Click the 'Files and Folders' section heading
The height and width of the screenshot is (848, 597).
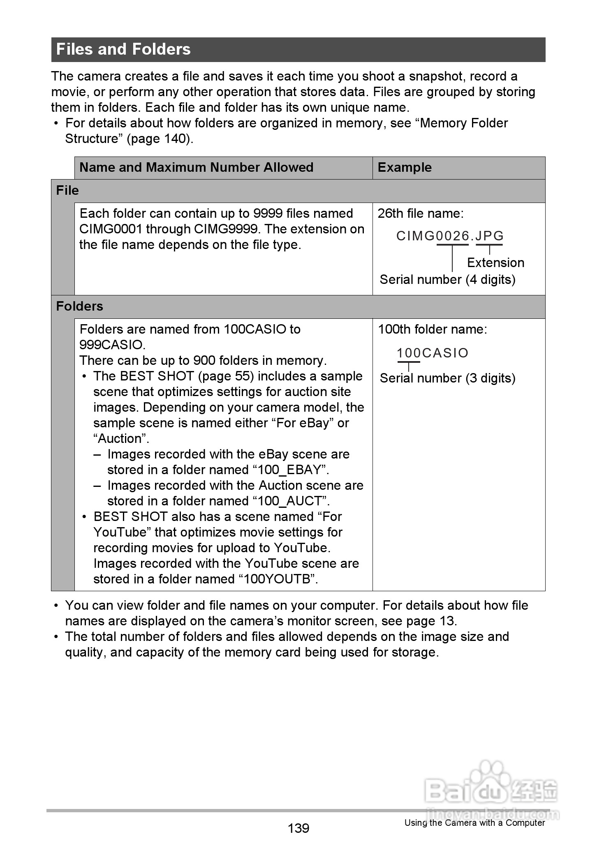tap(123, 49)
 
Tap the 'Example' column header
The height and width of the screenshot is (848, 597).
tap(405, 168)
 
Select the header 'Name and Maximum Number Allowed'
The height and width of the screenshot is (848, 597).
tap(196, 168)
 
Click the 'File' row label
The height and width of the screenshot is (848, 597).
tap(67, 191)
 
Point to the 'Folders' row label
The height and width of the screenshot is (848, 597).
tap(79, 306)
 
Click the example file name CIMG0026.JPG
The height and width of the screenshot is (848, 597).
tap(450, 236)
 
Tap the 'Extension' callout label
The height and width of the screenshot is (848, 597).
tap(495, 263)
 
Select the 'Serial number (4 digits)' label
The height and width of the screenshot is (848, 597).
tap(447, 280)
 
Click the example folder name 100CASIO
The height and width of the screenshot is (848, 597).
tap(433, 353)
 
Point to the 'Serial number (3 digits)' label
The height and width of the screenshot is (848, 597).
tap(447, 378)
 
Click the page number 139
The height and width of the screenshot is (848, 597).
tap(298, 828)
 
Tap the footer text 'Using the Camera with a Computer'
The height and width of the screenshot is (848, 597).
tap(474, 823)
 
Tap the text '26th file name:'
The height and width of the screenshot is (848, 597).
tap(420, 214)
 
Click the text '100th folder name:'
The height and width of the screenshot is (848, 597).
tap(432, 330)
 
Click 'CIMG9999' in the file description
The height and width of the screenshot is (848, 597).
tap(225, 229)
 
